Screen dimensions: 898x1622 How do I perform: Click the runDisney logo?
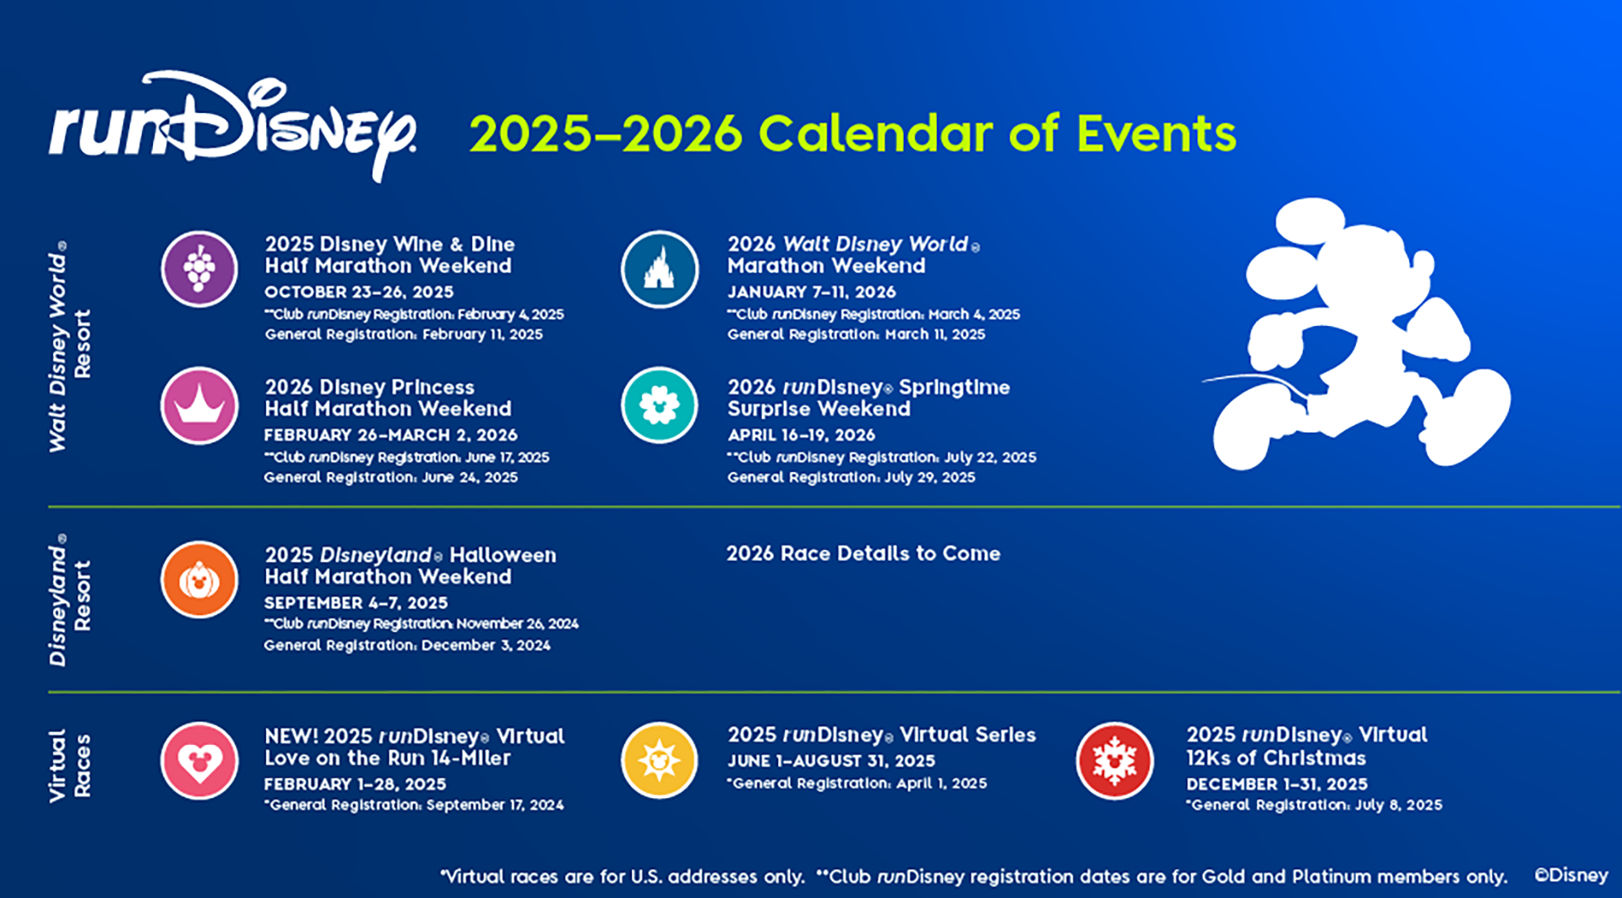point(232,127)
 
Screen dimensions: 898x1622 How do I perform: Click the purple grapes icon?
point(199,269)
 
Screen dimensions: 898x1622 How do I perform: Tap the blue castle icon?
point(659,269)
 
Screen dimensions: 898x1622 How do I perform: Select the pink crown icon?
point(199,405)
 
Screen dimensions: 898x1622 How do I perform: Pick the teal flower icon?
point(659,405)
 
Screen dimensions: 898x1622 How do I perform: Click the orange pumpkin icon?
point(199,580)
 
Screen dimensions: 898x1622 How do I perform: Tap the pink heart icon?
point(199,760)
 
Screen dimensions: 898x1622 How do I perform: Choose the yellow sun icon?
point(659,760)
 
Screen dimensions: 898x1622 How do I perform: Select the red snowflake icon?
point(1114,760)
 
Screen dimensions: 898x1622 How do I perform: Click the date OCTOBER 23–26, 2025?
point(359,292)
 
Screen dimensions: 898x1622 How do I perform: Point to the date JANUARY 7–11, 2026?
point(811,292)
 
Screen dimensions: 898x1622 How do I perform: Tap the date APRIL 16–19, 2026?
point(801,435)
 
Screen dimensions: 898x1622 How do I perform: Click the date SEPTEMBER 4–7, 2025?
point(356,603)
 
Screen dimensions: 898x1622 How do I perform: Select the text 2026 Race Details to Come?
point(863,553)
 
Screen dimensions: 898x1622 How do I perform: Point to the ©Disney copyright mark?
point(1570,875)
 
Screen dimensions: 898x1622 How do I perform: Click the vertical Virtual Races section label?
point(69,765)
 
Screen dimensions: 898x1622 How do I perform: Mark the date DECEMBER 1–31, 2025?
point(1276,784)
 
